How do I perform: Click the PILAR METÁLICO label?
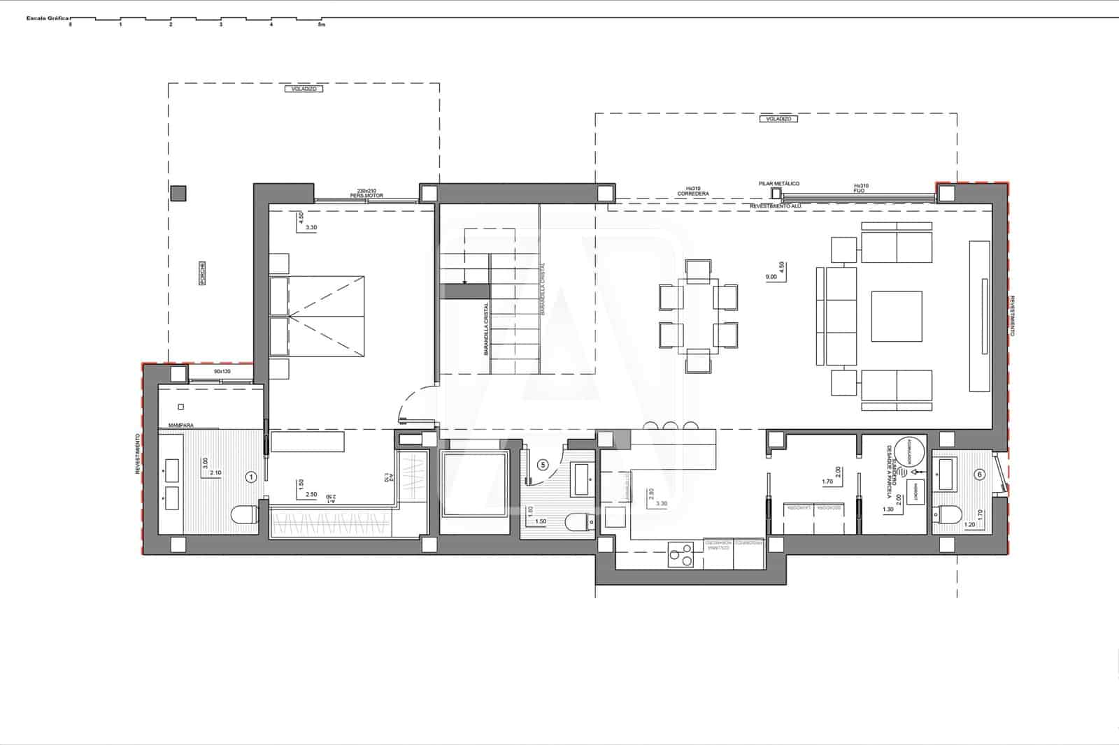point(778,184)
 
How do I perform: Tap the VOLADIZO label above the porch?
point(304,89)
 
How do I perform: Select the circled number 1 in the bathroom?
point(252,477)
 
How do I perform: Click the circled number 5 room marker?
point(542,463)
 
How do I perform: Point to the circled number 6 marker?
point(979,475)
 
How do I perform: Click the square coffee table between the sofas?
point(896,317)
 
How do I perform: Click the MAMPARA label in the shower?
point(180,425)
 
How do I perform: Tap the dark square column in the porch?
point(179,192)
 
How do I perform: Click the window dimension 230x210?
point(366,191)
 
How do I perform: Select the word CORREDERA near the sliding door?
point(693,194)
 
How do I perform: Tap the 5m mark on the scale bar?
point(321,24)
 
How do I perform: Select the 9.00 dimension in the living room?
point(771,277)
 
